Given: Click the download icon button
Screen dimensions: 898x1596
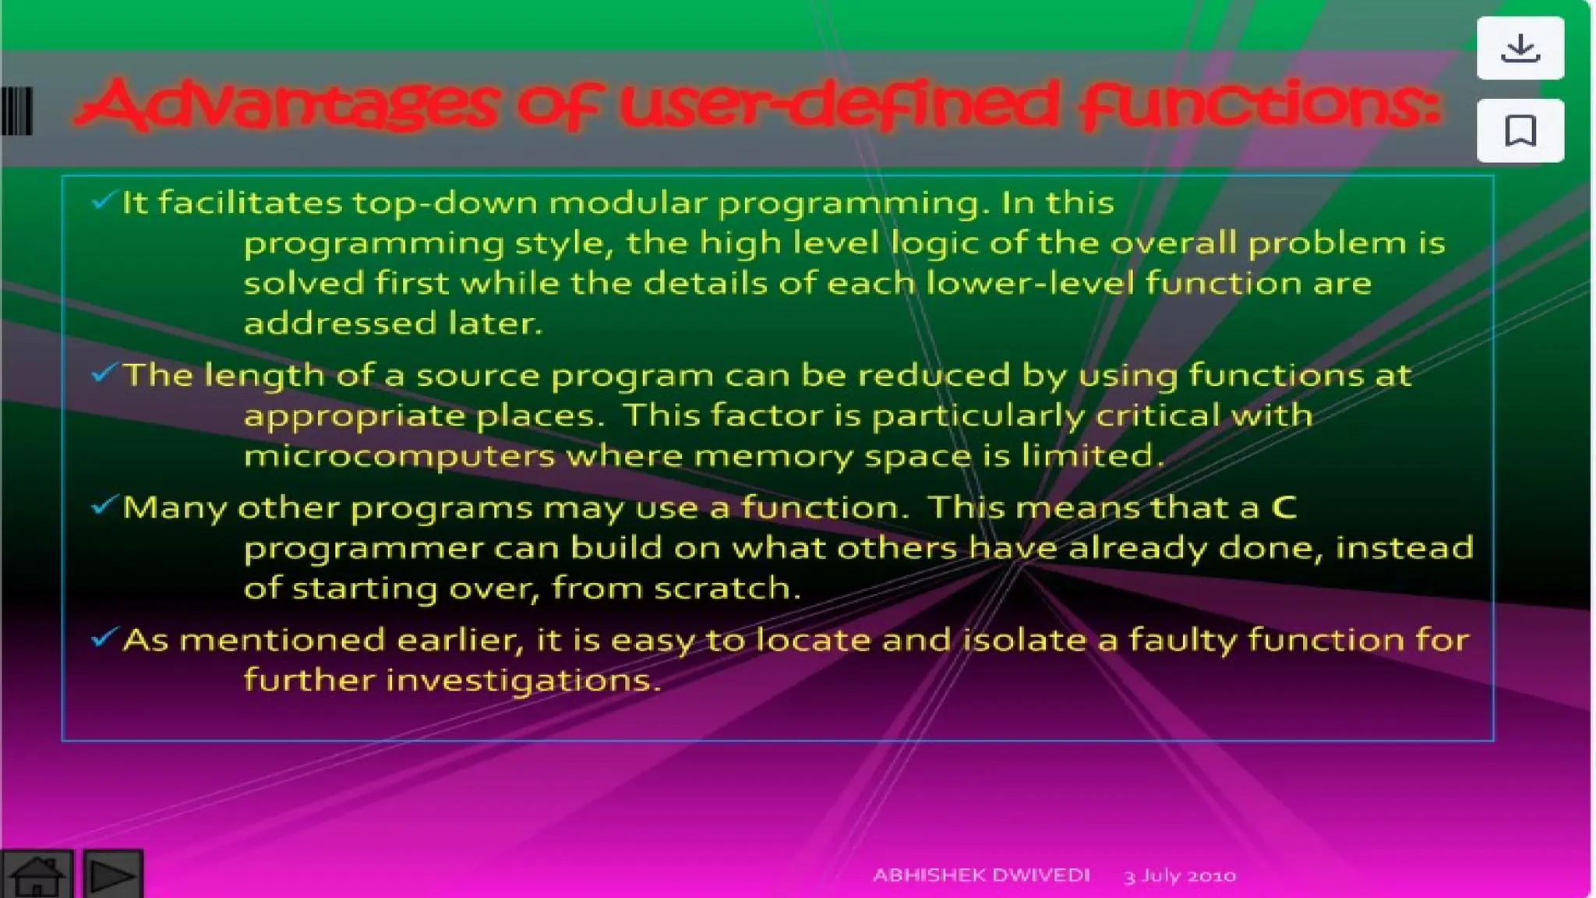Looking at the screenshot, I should [x=1520, y=48].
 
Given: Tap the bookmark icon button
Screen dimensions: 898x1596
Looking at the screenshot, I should [x=1520, y=130].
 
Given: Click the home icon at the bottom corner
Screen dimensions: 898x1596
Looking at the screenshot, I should [x=37, y=875].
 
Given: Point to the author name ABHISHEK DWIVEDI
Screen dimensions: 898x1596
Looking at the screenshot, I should [x=980, y=875].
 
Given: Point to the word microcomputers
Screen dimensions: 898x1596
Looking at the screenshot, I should [x=399, y=456].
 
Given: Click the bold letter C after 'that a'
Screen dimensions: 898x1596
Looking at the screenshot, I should [x=1284, y=508].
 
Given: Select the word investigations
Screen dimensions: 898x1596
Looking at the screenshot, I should [x=523, y=681].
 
